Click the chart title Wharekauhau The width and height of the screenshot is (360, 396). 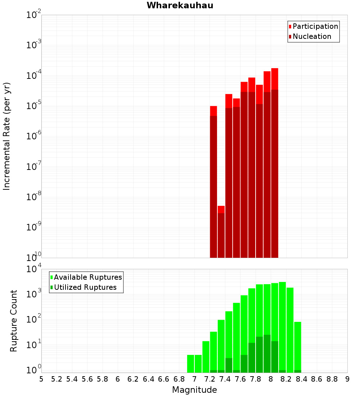[x=180, y=5]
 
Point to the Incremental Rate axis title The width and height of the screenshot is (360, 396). [x=7, y=136]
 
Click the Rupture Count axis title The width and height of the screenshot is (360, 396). [x=14, y=320]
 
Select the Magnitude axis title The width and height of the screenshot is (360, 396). [x=194, y=390]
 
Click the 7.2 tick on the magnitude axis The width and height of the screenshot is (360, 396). [x=210, y=379]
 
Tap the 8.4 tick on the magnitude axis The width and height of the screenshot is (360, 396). [x=301, y=379]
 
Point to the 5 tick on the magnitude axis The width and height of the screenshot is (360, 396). [x=41, y=379]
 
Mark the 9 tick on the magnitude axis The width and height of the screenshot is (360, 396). [x=347, y=379]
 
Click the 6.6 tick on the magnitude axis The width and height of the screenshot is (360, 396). [x=164, y=379]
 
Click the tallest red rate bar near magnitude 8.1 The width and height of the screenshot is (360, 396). [x=275, y=162]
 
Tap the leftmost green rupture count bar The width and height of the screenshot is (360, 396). [x=190, y=364]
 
